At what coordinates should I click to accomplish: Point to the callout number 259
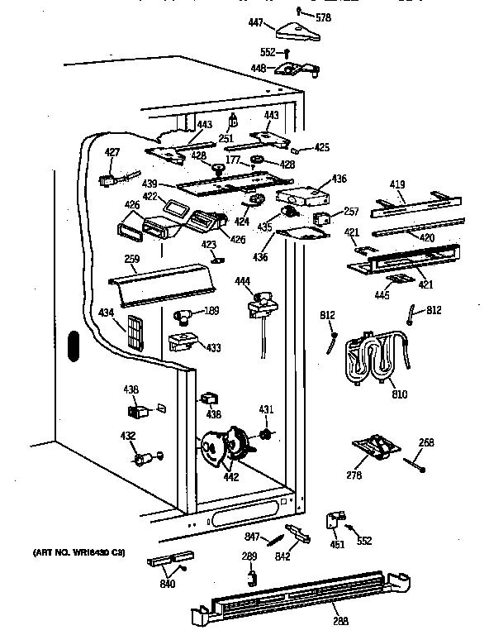pyautogui.click(x=131, y=259)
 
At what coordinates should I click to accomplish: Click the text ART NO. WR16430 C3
pyautogui.click(x=78, y=551)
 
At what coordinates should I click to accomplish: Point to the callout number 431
pyautogui.click(x=265, y=409)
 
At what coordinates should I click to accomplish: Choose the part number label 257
pyautogui.click(x=351, y=212)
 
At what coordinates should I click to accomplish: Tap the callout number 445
pyautogui.click(x=382, y=294)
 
